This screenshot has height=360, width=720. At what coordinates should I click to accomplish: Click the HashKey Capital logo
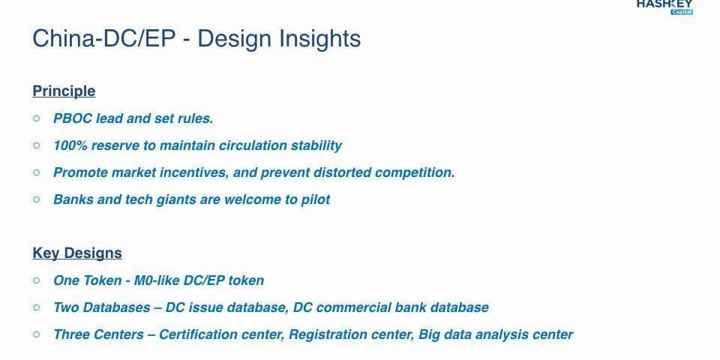coord(664,7)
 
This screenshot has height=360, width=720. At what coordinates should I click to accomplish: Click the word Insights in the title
coord(320,38)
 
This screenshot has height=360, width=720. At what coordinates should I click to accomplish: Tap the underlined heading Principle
coord(64,91)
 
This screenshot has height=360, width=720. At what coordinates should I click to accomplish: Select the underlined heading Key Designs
coord(77,253)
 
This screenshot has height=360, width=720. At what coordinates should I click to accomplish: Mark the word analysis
coord(502,334)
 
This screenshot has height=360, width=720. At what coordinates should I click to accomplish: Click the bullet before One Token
coord(37,280)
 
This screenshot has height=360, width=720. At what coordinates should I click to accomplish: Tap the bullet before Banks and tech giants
coord(37,199)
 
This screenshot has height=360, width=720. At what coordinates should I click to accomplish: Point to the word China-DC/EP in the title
coord(104,38)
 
